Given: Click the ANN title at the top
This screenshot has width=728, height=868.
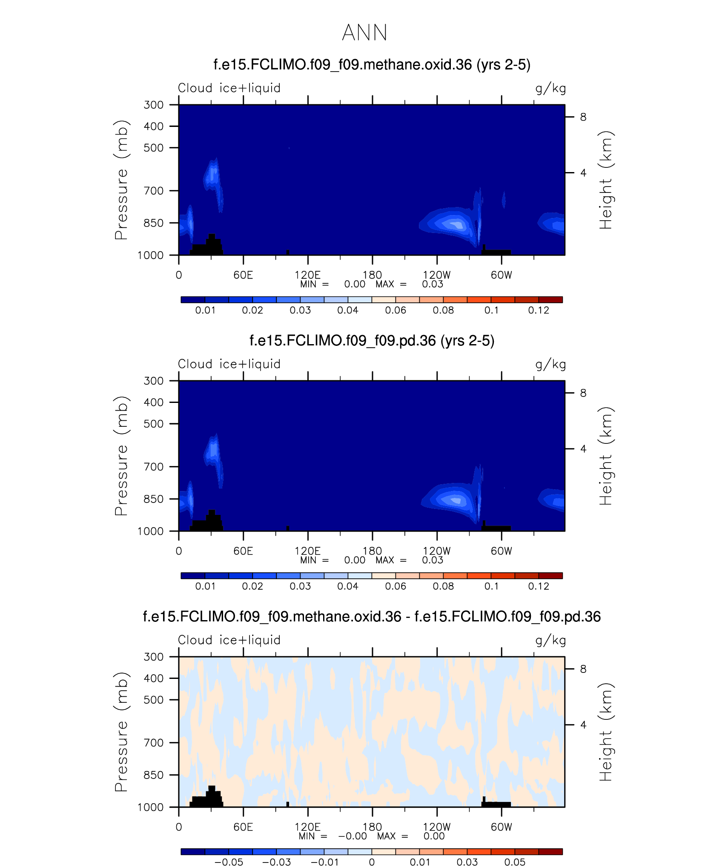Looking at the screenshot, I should (x=364, y=33).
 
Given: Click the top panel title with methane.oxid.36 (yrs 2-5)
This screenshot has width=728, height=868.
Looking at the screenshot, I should (x=372, y=65).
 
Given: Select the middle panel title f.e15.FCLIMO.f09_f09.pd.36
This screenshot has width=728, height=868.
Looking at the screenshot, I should (x=372, y=341).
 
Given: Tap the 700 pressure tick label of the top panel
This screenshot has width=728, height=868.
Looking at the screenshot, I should (x=153, y=191).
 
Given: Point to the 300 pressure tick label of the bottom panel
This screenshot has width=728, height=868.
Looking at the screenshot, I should (x=153, y=657).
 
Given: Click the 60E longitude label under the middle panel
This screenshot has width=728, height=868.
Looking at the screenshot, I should (x=243, y=551).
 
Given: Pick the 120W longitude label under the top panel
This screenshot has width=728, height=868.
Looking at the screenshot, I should (x=436, y=275).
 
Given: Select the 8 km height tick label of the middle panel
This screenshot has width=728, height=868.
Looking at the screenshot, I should (x=583, y=393).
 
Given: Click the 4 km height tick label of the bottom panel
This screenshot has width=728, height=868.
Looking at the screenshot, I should (x=583, y=725).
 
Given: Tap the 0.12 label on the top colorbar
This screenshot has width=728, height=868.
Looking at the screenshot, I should (x=539, y=310).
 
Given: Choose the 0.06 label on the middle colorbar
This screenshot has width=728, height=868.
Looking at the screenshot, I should (x=396, y=586).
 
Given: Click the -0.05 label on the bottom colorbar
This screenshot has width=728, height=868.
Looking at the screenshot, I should (x=229, y=862).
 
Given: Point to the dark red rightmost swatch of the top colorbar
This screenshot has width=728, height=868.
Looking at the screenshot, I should (x=550, y=300).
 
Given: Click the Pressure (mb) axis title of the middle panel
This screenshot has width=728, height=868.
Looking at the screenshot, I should (x=121, y=456).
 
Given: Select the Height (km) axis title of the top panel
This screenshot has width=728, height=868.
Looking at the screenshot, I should (x=605, y=180).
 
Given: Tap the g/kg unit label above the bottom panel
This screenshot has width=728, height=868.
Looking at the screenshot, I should (x=550, y=640).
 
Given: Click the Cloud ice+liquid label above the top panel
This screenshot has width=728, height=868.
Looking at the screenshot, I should (x=229, y=88).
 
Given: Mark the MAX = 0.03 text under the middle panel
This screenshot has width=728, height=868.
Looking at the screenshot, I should (x=409, y=560).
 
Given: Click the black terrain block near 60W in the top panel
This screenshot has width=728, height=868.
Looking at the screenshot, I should (x=497, y=252).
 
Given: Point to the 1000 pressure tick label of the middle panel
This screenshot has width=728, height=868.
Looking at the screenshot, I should (x=150, y=531).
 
